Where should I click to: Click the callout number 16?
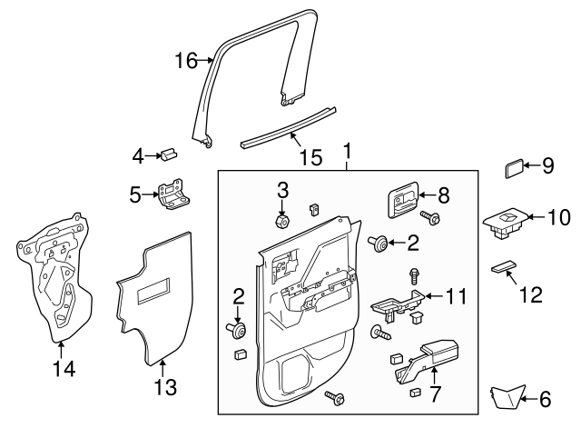(185, 61)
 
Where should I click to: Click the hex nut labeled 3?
(281, 220)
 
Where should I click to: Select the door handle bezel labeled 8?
(402, 200)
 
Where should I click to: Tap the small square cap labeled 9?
(514, 168)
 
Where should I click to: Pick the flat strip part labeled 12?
(502, 269)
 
